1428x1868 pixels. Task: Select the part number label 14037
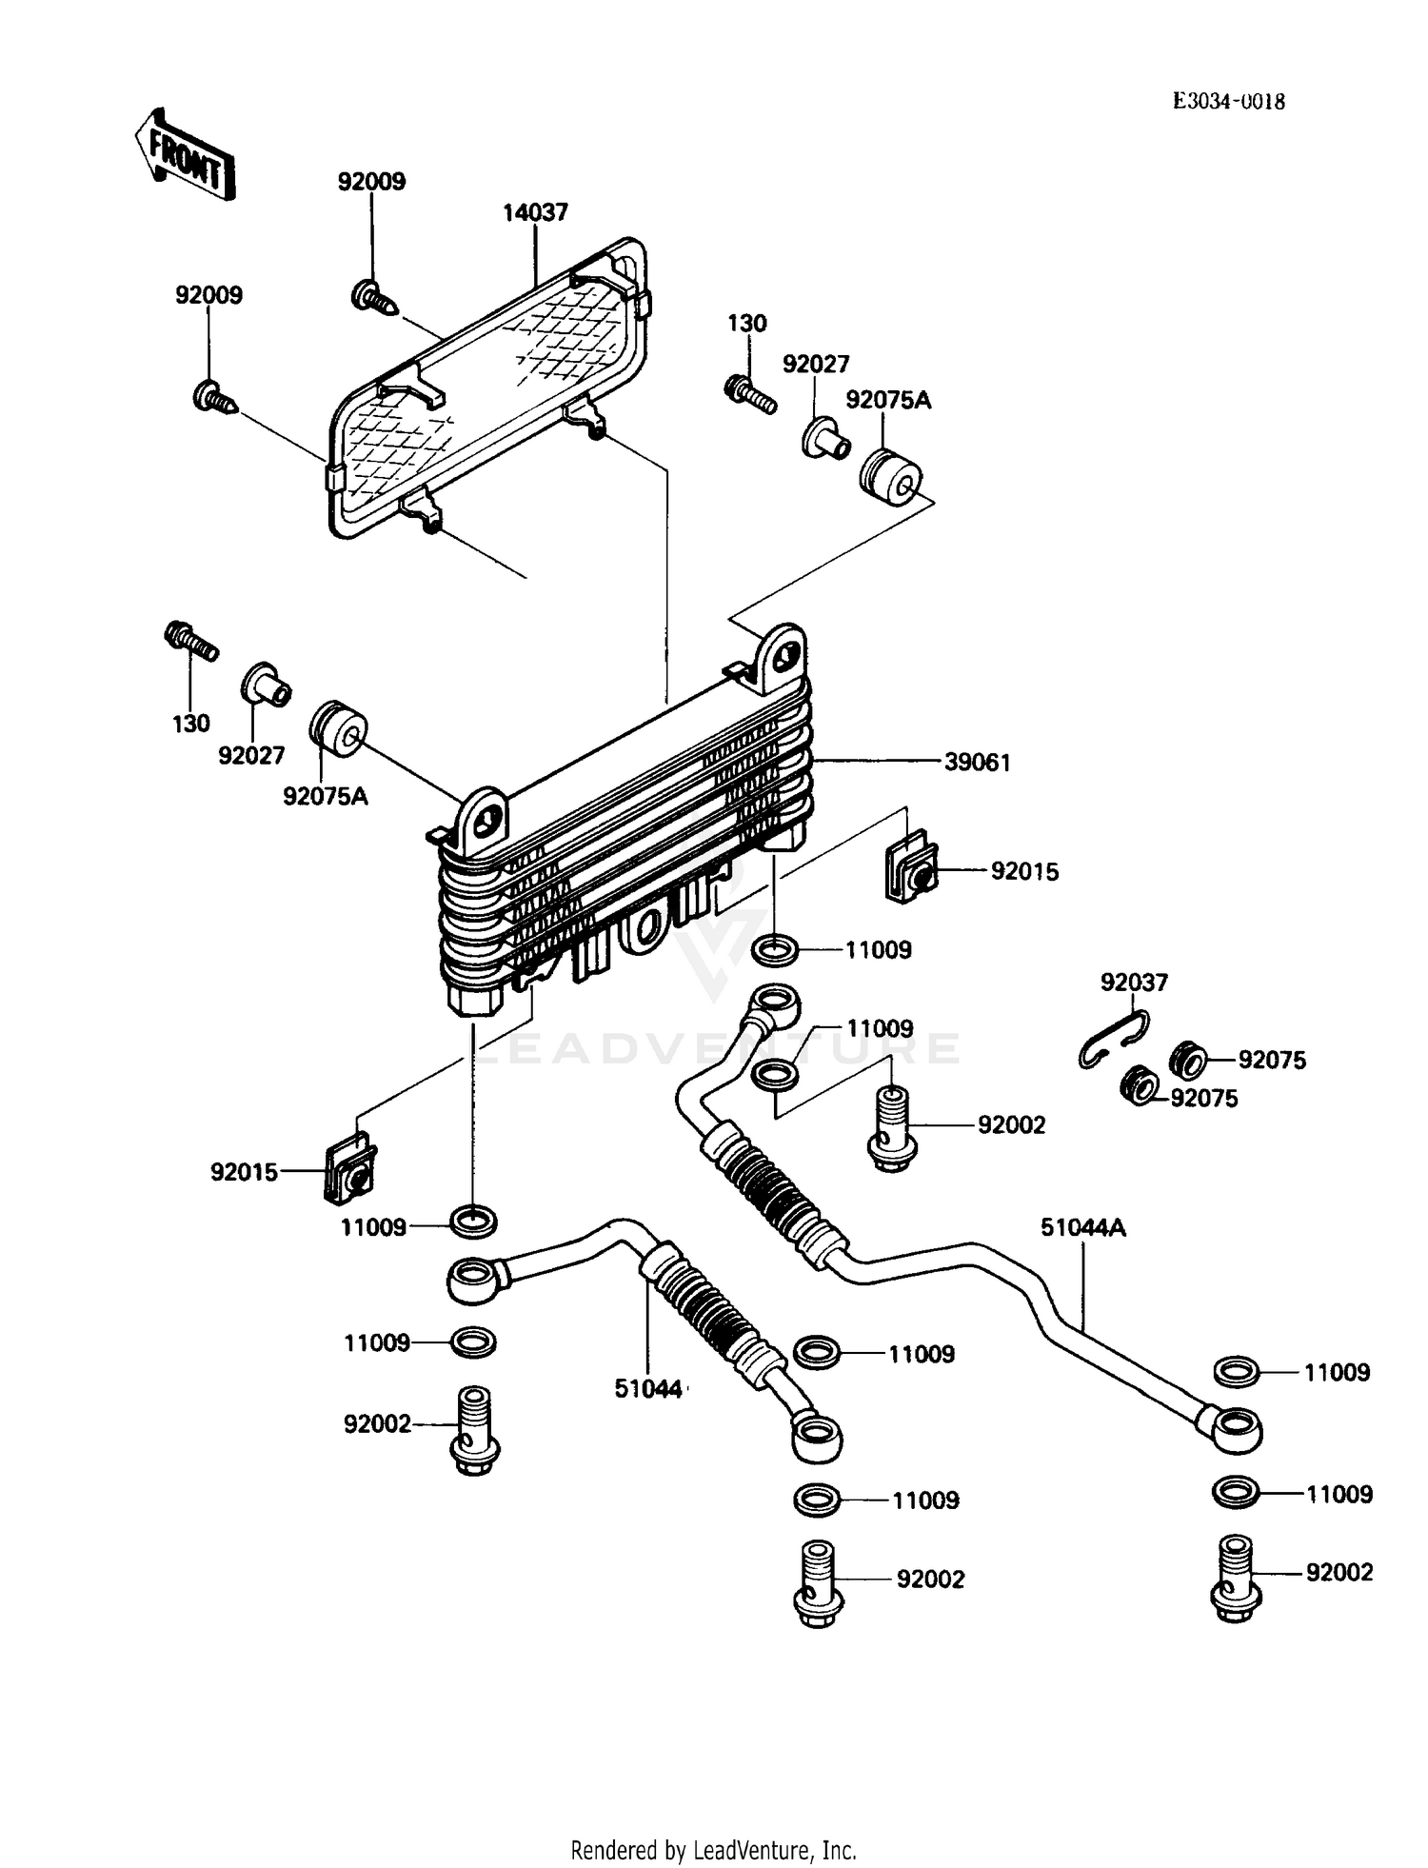click(535, 212)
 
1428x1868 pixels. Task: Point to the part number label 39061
click(978, 762)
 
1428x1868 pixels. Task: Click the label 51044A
click(1082, 1227)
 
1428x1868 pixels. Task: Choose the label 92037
click(1133, 982)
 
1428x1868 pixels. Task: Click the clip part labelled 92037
click(1113, 1041)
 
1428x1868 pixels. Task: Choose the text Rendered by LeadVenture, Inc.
click(713, 1850)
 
